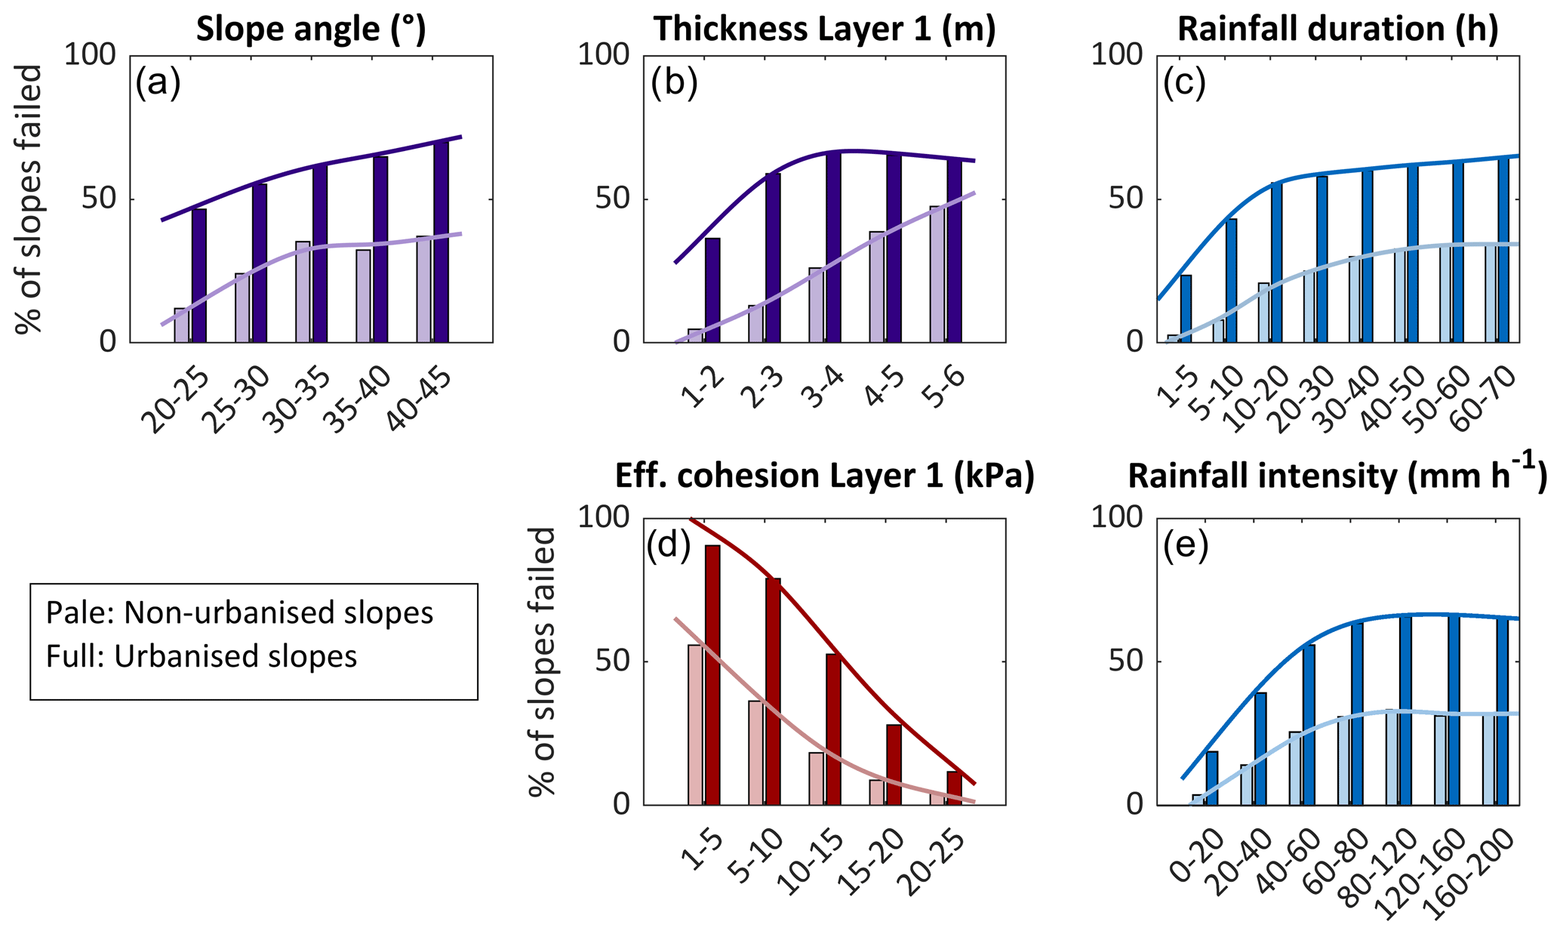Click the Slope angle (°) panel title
coord(311,29)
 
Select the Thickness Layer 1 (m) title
coord(825,29)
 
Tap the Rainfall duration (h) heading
coord(1337,29)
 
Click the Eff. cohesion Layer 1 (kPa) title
coord(825,476)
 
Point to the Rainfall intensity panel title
coord(1337,476)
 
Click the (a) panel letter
coord(158,84)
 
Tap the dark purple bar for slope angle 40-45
coord(441,242)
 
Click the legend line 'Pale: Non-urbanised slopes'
coord(239,613)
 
